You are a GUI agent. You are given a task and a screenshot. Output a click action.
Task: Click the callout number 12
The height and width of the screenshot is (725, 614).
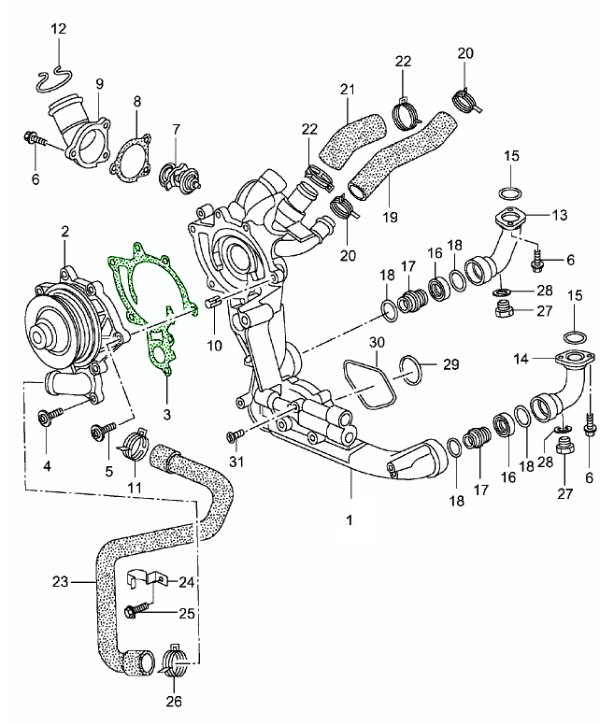pyautogui.click(x=58, y=30)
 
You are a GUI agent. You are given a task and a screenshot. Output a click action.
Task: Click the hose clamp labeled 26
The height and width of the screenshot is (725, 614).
pyautogui.click(x=176, y=661)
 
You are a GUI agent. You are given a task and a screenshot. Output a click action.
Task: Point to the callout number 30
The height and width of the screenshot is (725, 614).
pyautogui.click(x=376, y=343)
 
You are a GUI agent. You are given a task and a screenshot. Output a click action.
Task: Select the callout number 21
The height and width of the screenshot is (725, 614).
pyautogui.click(x=347, y=90)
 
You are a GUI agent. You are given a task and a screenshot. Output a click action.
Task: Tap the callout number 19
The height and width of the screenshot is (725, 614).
pyautogui.click(x=390, y=217)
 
